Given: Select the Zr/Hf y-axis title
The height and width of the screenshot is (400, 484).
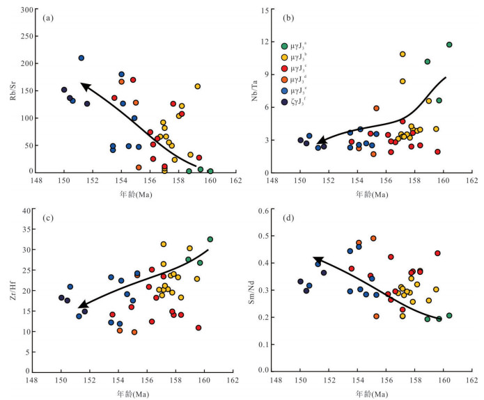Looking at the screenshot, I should [10, 291].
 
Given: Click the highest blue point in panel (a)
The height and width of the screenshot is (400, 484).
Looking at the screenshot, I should [81, 58].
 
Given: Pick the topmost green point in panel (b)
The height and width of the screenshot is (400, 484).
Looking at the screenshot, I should [449, 45].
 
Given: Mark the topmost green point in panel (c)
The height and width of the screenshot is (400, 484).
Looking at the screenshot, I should [210, 239].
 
